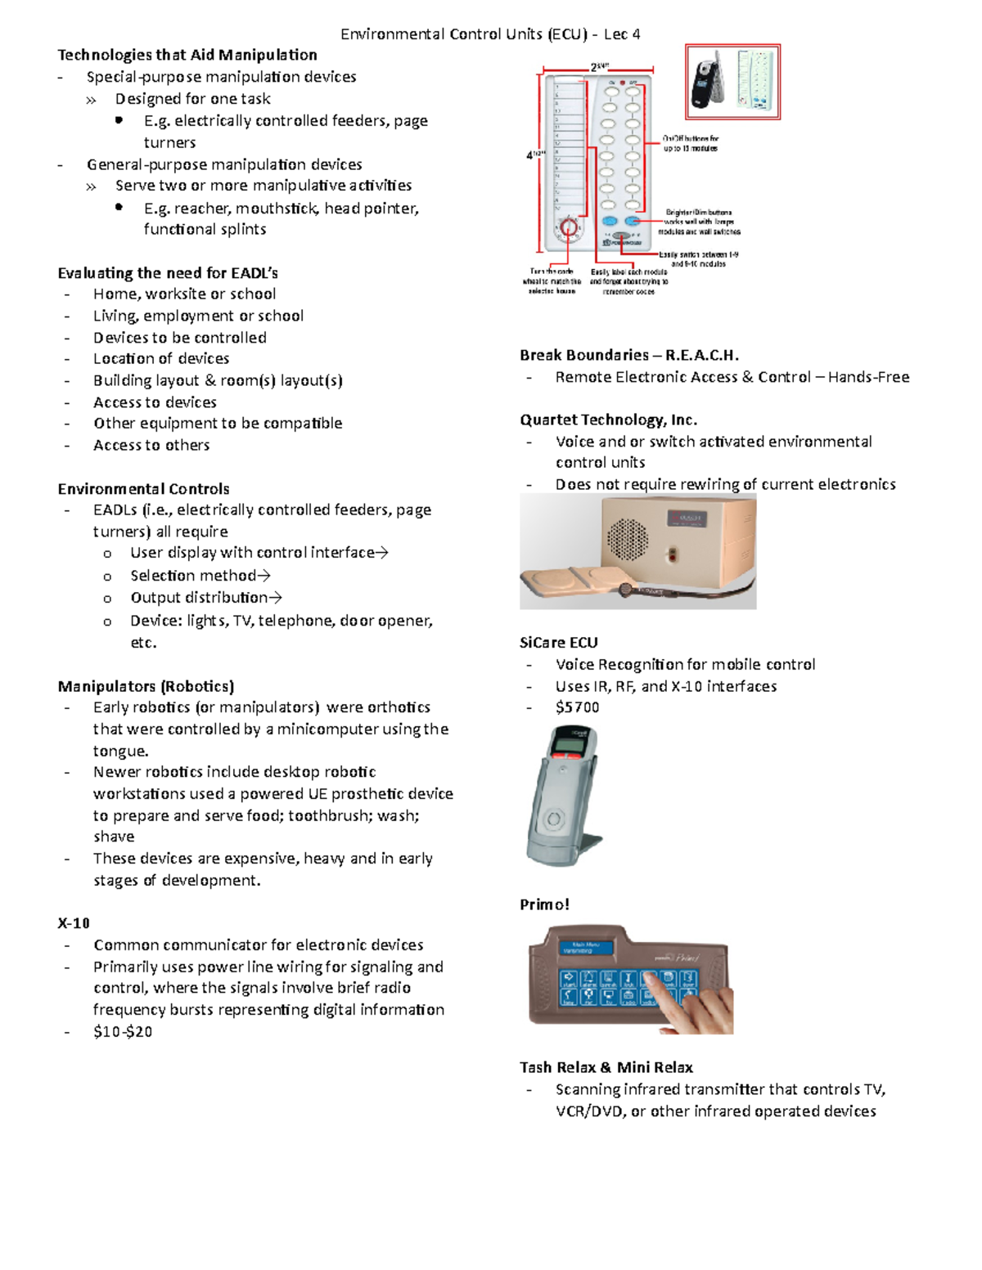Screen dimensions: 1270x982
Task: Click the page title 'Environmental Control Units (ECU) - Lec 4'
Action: (490, 34)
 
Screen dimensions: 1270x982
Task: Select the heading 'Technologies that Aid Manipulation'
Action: (187, 55)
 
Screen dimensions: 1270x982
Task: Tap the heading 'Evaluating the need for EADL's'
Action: (168, 272)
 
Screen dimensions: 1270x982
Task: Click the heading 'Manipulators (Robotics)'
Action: (146, 685)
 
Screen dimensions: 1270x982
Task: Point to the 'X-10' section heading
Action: (74, 922)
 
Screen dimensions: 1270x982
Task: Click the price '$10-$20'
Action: (123, 1031)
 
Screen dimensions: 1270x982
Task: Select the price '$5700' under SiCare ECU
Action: (577, 707)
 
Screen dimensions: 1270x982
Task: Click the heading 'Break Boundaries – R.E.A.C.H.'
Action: (629, 355)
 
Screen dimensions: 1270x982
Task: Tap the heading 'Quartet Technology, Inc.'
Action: (608, 420)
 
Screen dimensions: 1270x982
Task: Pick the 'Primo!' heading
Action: (544, 904)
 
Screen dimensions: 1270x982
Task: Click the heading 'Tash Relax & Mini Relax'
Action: (606, 1067)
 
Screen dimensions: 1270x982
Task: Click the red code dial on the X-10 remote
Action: (569, 228)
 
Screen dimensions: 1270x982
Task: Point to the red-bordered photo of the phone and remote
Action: (732, 82)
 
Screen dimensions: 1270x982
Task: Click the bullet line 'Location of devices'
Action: (161, 358)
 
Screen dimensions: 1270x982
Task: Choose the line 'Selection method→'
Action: (200, 576)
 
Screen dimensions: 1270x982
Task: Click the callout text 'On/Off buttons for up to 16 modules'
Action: (691, 144)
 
